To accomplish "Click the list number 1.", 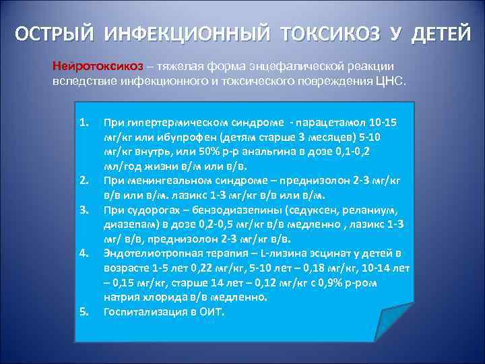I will click(84, 123).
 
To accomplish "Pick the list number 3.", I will click(84, 210).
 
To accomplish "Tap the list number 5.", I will click(84, 311).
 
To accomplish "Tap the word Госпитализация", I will click(141, 311).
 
